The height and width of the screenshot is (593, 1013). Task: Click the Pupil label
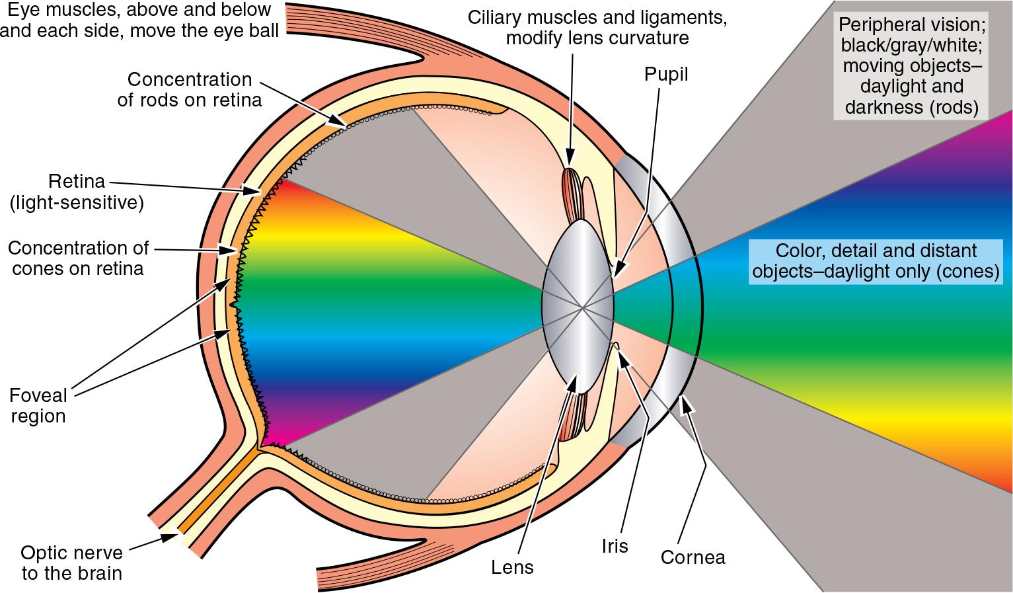click(666, 75)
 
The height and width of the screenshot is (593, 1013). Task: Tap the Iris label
click(615, 546)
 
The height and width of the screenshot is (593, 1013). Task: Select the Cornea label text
click(693, 557)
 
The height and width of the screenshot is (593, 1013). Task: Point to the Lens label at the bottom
click(512, 567)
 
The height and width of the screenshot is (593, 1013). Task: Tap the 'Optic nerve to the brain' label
click(71, 563)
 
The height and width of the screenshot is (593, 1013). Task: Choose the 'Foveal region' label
click(38, 406)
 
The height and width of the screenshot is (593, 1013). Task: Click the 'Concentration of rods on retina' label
click(190, 89)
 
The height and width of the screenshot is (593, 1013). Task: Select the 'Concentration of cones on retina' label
click(78, 258)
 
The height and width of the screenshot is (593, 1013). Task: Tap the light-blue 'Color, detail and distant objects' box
click(876, 261)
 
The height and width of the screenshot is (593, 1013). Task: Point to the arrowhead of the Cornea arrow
click(686, 399)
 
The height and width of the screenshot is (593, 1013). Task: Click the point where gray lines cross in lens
click(582, 307)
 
